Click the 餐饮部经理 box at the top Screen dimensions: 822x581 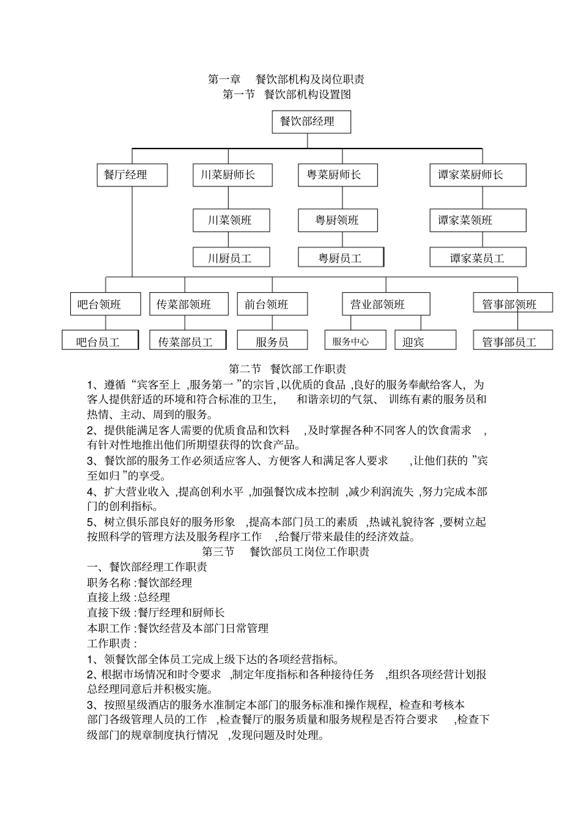(x=311, y=122)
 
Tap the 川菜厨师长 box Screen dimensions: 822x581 (x=231, y=175)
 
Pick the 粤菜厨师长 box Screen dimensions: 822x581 (x=337, y=175)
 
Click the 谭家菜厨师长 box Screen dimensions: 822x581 (x=477, y=175)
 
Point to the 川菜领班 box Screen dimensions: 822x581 (x=231, y=220)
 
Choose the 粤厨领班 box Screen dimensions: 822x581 (x=337, y=220)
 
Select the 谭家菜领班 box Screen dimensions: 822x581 (x=477, y=220)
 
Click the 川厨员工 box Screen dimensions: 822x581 (x=231, y=258)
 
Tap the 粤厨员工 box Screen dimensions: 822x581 (x=341, y=258)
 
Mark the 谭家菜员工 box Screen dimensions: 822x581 (x=477, y=258)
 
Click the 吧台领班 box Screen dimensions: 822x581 (x=101, y=304)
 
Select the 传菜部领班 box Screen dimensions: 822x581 (x=185, y=304)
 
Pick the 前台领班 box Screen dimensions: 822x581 (x=272, y=304)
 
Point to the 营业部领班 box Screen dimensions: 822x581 (x=385, y=304)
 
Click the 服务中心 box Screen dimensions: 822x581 (x=355, y=341)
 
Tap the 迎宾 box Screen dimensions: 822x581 (x=425, y=341)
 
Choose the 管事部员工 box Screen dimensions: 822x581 (x=513, y=341)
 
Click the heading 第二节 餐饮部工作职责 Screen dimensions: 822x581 (x=287, y=369)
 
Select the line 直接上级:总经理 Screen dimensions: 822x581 (x=129, y=598)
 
